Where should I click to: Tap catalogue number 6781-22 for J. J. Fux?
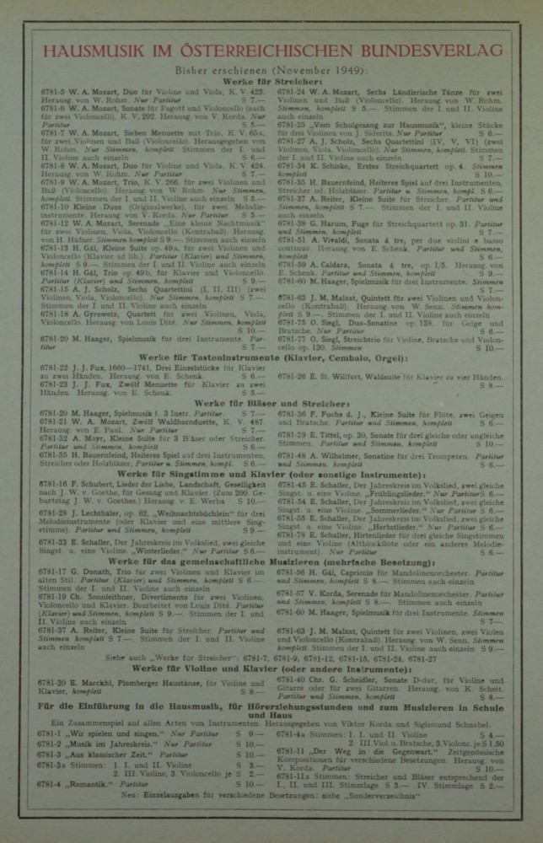point(56,368)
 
